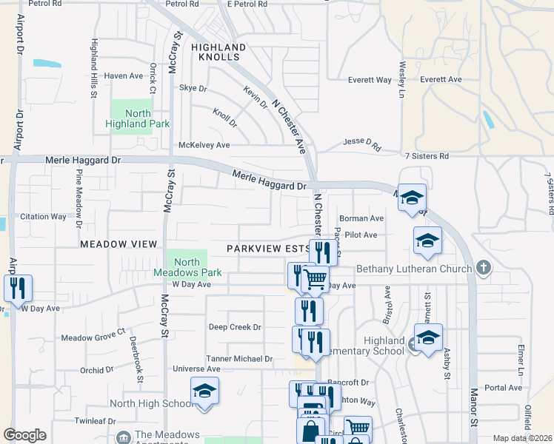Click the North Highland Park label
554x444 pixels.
click(x=138, y=118)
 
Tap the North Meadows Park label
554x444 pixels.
click(x=187, y=267)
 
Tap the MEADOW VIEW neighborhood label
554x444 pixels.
click(x=119, y=244)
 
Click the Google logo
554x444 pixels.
click(x=24, y=435)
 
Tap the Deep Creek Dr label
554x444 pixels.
click(x=235, y=327)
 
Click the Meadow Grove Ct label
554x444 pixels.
click(x=93, y=338)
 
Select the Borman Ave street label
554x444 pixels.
click(x=361, y=219)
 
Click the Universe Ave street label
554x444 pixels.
click(x=196, y=369)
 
